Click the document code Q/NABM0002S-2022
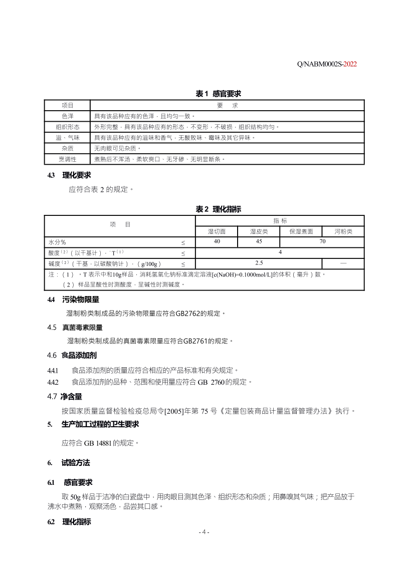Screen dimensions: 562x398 pyautogui.click(x=326, y=64)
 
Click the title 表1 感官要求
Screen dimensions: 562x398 pyautogui.click(x=218, y=94)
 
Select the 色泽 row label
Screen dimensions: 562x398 pyautogui.click(x=67, y=116)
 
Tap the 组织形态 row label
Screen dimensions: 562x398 pyautogui.click(x=67, y=127)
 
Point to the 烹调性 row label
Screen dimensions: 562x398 pyautogui.click(x=67, y=159)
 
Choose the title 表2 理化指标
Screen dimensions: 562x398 pyautogui.click(x=218, y=209)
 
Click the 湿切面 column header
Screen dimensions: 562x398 pyautogui.click(x=217, y=231)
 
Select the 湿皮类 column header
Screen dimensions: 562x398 pyautogui.click(x=259, y=231)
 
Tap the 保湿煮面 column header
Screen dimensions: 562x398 pyautogui.click(x=301, y=231)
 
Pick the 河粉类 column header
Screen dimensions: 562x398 pyautogui.click(x=343, y=231)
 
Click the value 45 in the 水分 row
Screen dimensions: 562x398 pyautogui.click(x=259, y=241)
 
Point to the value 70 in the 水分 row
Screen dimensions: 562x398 pyautogui.click(x=322, y=241)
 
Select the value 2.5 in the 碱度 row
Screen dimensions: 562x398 pyautogui.click(x=259, y=263)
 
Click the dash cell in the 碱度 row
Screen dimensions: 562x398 pyautogui.click(x=343, y=263)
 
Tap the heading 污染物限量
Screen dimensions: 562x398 pyautogui.click(x=81, y=300)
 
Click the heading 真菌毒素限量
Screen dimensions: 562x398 pyautogui.click(x=82, y=328)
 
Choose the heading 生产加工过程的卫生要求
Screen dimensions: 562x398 pyautogui.click(x=100, y=424)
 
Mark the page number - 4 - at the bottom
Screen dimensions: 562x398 pyautogui.click(x=204, y=531)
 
